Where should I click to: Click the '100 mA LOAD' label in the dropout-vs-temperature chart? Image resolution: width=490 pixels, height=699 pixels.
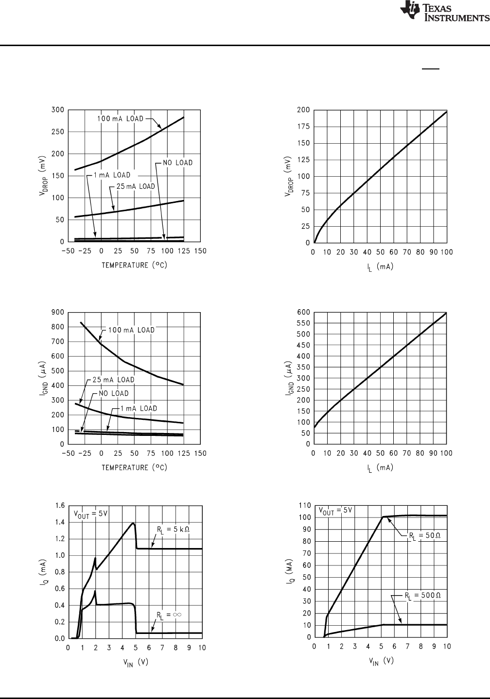point(119,118)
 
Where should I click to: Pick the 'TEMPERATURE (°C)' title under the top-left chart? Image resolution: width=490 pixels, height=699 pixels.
point(134,266)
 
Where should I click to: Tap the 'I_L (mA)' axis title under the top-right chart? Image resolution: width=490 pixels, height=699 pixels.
point(379,266)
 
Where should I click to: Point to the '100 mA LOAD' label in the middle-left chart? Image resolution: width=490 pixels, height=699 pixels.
point(131,330)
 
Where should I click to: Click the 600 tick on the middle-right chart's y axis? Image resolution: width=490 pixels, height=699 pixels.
point(303,312)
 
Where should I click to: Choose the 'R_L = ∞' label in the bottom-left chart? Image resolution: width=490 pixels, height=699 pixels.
point(169,615)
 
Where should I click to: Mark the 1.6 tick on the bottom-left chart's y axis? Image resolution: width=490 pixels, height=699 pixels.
point(59,505)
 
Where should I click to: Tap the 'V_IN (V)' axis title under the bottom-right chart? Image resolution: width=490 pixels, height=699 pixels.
point(379,661)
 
